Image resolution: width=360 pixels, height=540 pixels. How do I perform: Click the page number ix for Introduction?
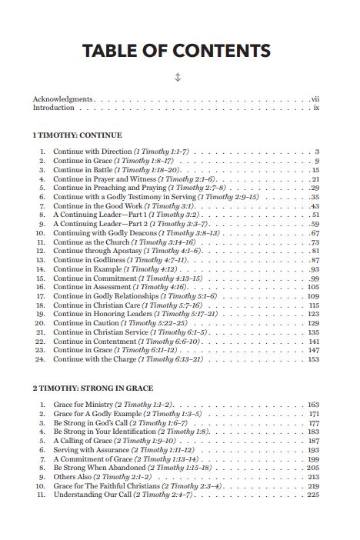coord(315,108)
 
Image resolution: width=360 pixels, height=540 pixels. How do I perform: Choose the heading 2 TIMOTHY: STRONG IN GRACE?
coord(92,388)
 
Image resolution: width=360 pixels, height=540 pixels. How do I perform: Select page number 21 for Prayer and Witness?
coord(315,178)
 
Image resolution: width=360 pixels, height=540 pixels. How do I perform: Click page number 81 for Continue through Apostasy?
coord(315,252)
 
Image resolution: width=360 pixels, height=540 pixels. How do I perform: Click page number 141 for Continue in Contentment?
coord(314,341)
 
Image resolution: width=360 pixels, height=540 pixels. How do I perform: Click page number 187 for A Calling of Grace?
coord(313,441)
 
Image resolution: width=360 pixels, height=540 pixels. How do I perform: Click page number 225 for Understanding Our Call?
coord(313,495)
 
